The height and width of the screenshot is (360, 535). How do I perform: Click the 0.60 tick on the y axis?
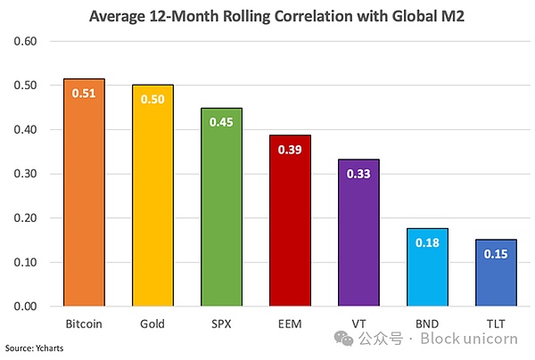(25, 42)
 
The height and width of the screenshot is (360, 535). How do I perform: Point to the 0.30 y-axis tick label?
(25, 175)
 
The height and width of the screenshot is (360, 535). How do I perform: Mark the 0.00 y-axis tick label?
(25, 307)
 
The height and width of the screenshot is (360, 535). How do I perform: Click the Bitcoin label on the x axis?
(83, 323)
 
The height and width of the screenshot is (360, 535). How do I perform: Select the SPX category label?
(221, 323)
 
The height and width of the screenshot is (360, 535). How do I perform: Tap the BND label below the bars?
(428, 323)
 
